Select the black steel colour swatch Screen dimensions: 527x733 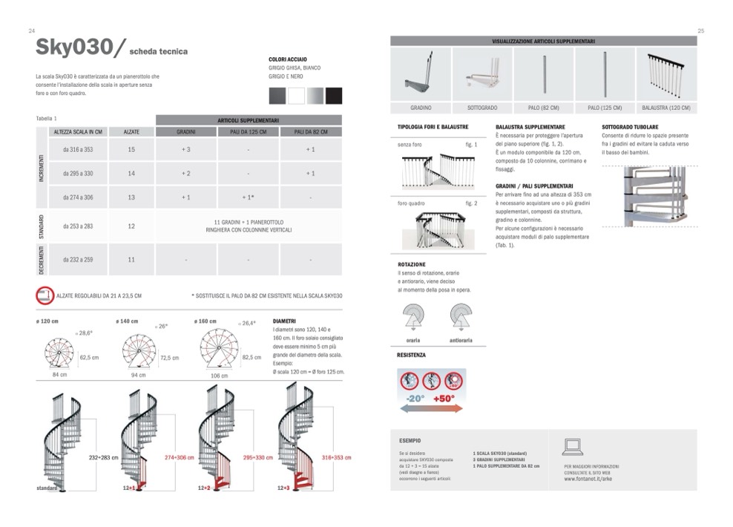click(x=334, y=96)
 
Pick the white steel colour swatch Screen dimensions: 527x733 click(x=296, y=96)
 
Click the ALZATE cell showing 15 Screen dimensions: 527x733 click(x=131, y=150)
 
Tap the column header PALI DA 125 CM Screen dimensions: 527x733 click(x=249, y=131)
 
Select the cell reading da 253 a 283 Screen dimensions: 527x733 click(x=77, y=226)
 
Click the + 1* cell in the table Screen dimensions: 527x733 click(x=249, y=197)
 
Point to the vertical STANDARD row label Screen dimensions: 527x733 click(x=42, y=226)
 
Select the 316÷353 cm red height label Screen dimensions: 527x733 click(x=336, y=457)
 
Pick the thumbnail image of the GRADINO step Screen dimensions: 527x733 click(x=421, y=74)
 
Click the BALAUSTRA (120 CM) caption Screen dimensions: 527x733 click(x=665, y=108)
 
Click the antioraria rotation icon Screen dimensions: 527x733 click(x=460, y=318)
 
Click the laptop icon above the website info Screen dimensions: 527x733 click(x=573, y=446)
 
